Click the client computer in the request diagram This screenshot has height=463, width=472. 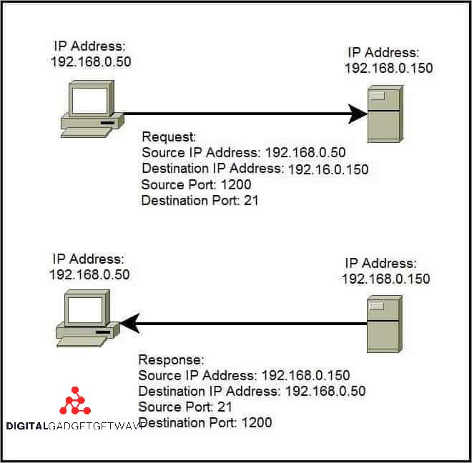coord(88,108)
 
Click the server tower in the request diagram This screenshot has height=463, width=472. coord(384,113)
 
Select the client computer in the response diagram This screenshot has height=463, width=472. coord(85,318)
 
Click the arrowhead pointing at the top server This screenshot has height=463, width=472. coord(358,113)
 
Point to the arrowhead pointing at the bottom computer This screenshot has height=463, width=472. coord(129,324)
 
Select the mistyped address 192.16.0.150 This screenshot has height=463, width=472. coord(328,169)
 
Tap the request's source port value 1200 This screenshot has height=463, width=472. coord(235,185)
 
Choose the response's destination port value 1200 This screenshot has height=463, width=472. coord(257,423)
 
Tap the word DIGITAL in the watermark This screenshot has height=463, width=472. coord(25,426)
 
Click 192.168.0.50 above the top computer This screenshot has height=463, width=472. coord(91,61)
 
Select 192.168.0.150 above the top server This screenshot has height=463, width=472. coord(388,68)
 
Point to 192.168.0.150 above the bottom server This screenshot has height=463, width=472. coord(385,278)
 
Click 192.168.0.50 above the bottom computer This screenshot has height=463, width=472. coord(89,274)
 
